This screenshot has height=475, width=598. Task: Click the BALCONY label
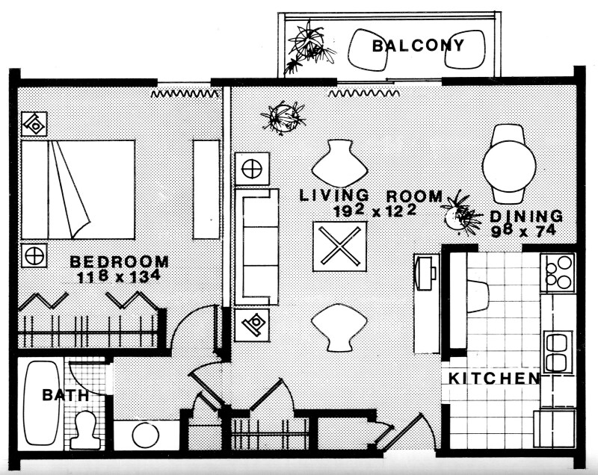pos(418,46)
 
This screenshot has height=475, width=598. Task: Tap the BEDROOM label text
pos(119,262)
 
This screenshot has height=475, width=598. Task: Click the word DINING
pos(526,217)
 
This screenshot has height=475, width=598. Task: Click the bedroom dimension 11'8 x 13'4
pos(119,277)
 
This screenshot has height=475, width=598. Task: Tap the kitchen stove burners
pos(558,273)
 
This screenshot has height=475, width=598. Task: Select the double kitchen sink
pos(558,351)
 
